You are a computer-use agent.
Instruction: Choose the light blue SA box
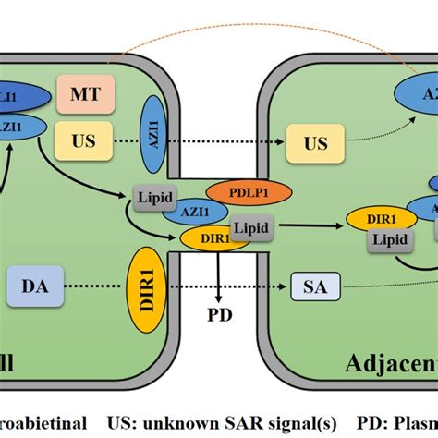(x=313, y=286)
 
